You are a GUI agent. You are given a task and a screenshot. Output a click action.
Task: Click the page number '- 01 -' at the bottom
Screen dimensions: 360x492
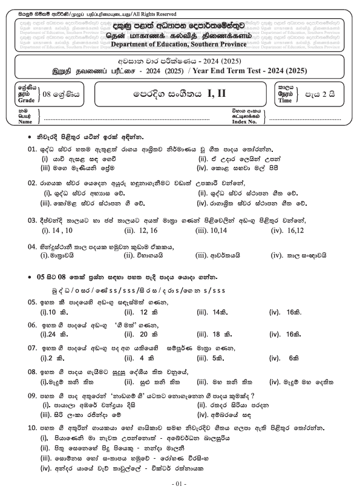coord(180,484)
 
